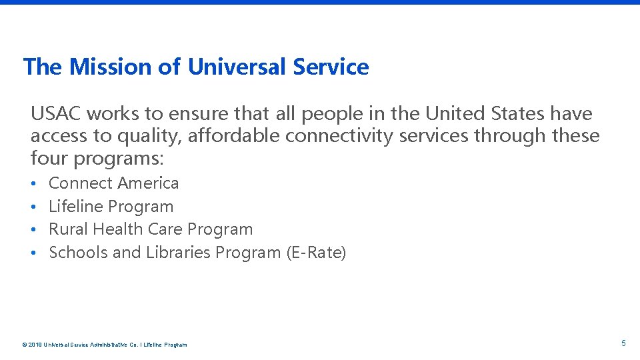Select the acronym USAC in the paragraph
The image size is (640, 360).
tap(55, 114)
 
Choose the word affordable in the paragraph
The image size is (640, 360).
tap(233, 136)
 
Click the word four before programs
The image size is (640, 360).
tap(49, 159)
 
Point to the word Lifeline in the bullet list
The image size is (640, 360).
tap(76, 206)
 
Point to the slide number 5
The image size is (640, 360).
tap(623, 343)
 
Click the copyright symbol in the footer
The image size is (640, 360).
tap(24, 345)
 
